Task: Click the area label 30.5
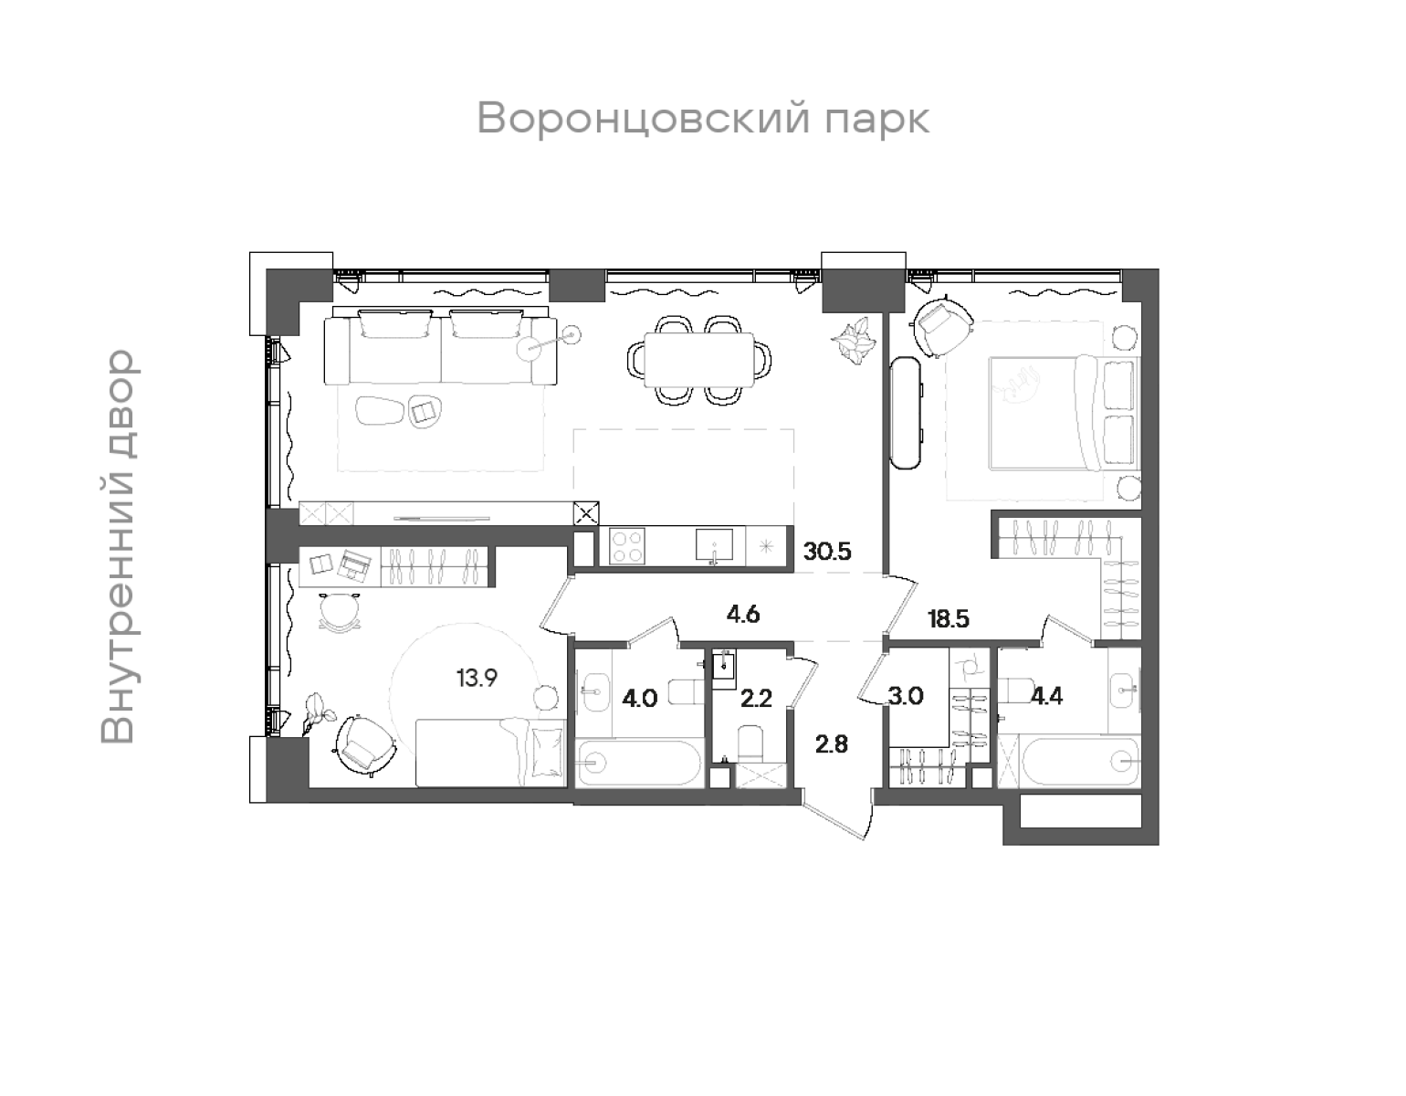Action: coord(827,551)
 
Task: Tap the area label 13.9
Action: coord(477,678)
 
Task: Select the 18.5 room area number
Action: coord(948,618)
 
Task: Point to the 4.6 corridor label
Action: coord(743,614)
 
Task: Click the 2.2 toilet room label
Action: coord(756,700)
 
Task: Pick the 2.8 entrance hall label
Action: coord(832,743)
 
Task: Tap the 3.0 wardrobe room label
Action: coord(907,697)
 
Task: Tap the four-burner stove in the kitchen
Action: coord(625,547)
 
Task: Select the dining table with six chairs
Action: coord(698,358)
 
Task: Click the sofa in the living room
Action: coord(441,348)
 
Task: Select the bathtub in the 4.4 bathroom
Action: coord(1079,760)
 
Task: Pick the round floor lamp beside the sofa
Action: coord(535,347)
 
